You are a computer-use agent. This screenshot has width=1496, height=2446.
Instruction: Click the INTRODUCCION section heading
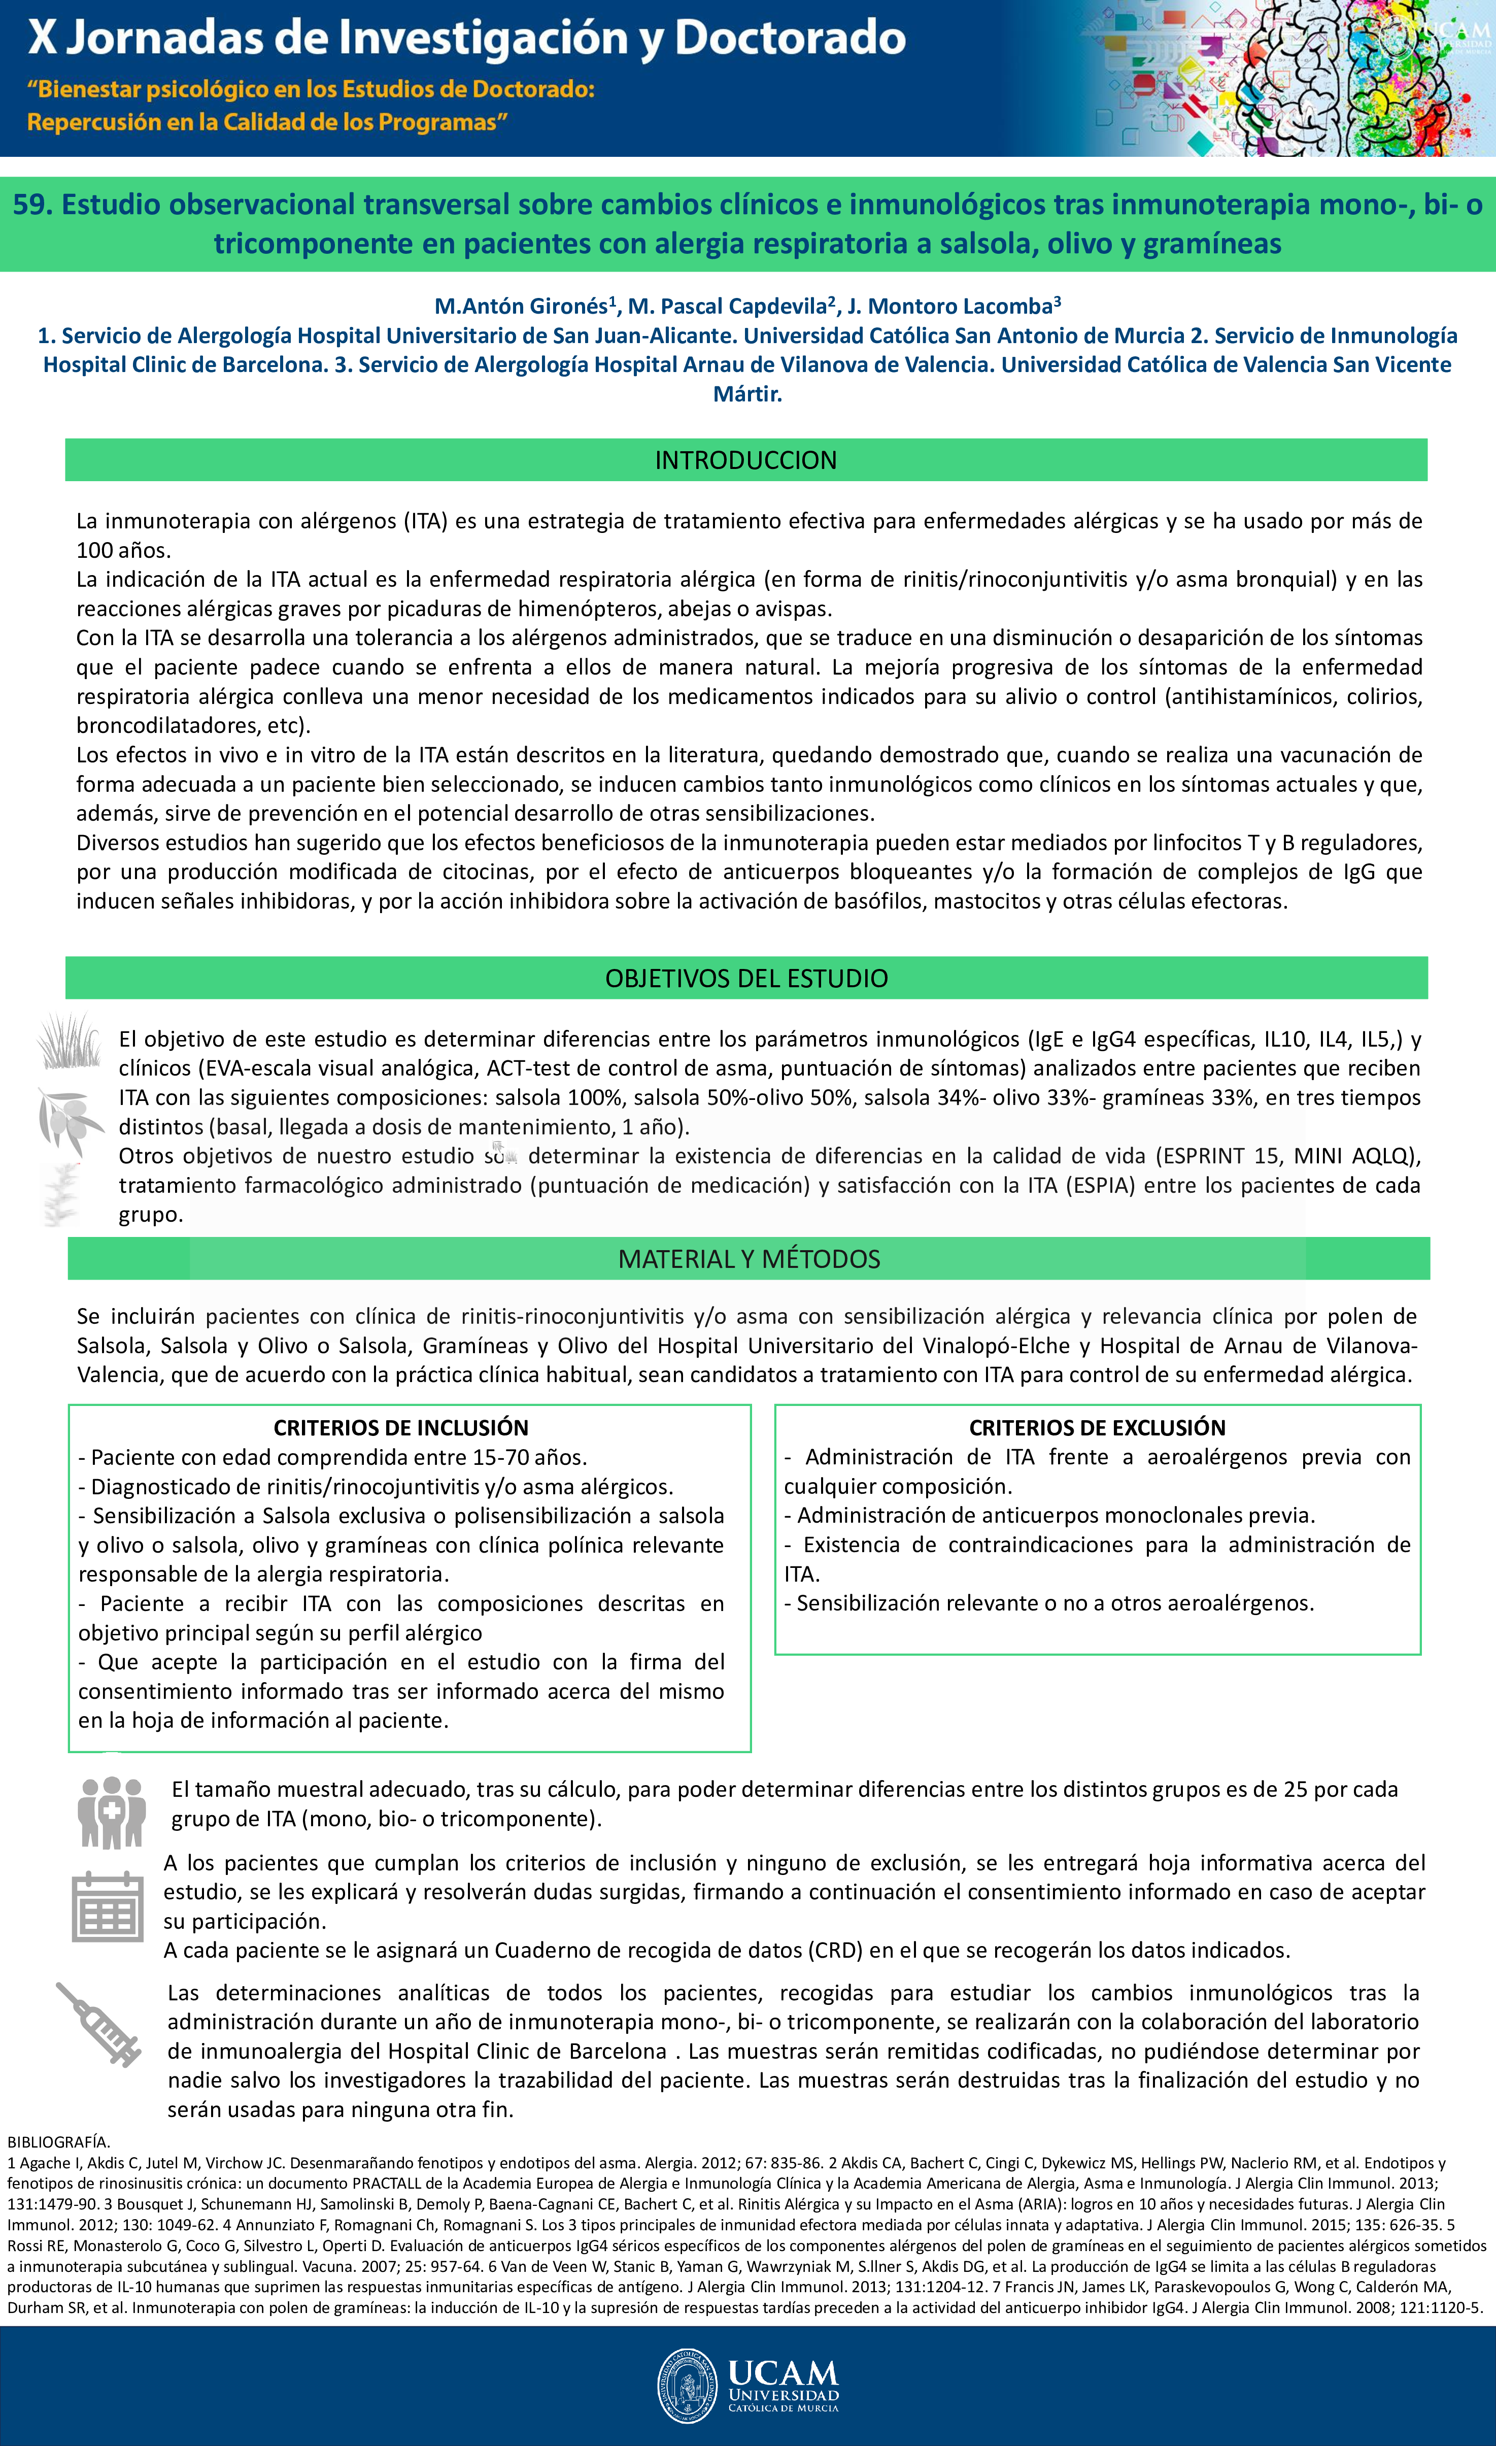tap(745, 460)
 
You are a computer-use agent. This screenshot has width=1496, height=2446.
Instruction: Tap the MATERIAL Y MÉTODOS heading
tap(749, 1259)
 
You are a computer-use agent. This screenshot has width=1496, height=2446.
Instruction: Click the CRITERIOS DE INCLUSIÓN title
tap(401, 1427)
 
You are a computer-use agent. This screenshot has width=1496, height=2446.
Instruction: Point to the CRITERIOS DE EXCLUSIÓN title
tap(1097, 1427)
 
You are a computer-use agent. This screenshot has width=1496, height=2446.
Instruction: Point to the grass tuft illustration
tap(70, 1041)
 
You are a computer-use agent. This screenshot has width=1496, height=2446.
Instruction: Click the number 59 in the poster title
tap(29, 205)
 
